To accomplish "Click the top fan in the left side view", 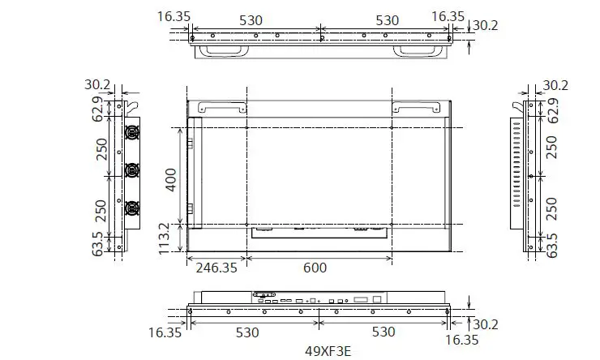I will click(131, 132).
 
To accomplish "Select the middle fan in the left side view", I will click(131, 169).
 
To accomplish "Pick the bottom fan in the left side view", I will click(131, 207).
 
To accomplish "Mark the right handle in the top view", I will click(418, 50).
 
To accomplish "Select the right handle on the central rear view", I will click(418, 106).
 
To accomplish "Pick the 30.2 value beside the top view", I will click(485, 25).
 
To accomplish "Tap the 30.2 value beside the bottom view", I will click(485, 324).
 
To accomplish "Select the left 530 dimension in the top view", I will click(251, 19).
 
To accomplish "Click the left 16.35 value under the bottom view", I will click(165, 332).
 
